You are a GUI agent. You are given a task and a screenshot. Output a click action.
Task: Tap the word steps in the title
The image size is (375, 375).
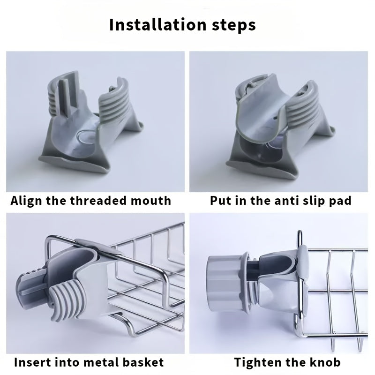231,25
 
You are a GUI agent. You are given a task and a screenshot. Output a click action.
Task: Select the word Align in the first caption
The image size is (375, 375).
26,201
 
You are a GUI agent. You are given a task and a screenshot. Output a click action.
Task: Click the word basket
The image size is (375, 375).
142,362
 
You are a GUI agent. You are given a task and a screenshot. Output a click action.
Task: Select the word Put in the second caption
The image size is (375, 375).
220,201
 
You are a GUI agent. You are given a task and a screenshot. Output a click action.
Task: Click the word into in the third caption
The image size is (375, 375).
66,362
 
